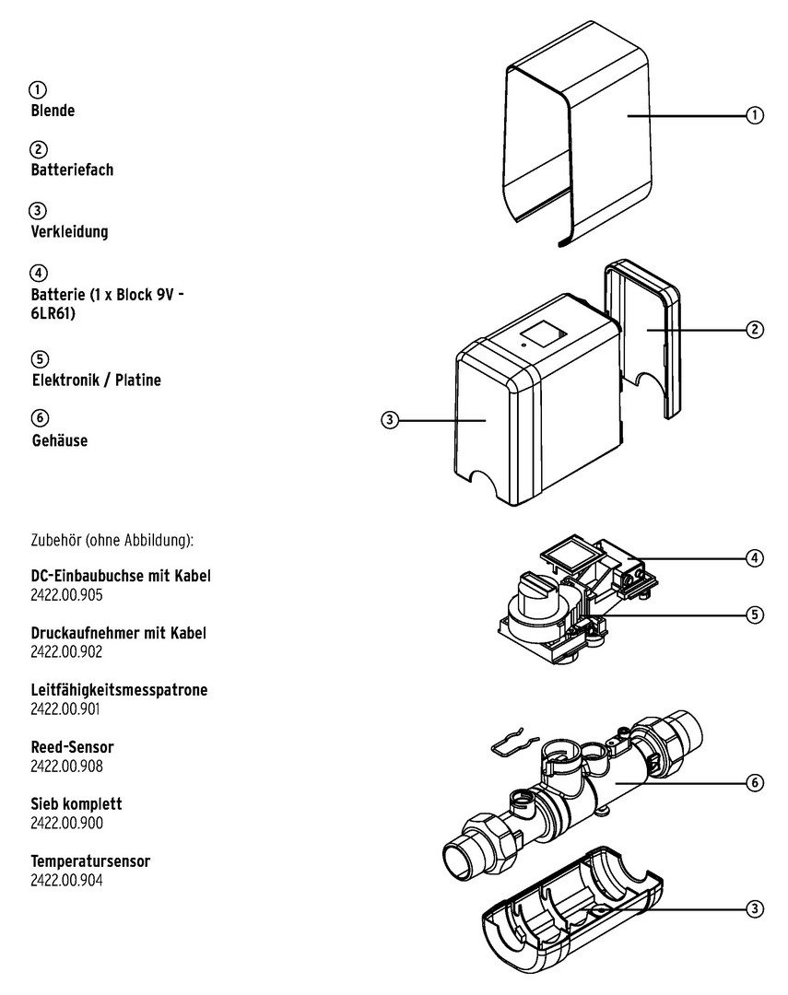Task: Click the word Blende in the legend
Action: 53,111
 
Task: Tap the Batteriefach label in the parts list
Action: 72,170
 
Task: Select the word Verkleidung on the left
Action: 69,231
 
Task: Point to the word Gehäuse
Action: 60,440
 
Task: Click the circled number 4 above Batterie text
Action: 38,273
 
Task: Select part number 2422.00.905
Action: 66,595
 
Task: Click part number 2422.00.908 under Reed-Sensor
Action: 66,766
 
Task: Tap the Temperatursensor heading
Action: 91,861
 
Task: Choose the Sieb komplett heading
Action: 76,804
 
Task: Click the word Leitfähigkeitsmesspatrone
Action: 120,690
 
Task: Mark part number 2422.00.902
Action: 66,651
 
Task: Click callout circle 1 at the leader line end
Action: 754,115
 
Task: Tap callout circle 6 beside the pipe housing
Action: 754,783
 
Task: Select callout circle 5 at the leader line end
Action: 754,615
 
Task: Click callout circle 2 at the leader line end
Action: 754,329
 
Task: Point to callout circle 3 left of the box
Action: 390,420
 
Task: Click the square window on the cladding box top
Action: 543,335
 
